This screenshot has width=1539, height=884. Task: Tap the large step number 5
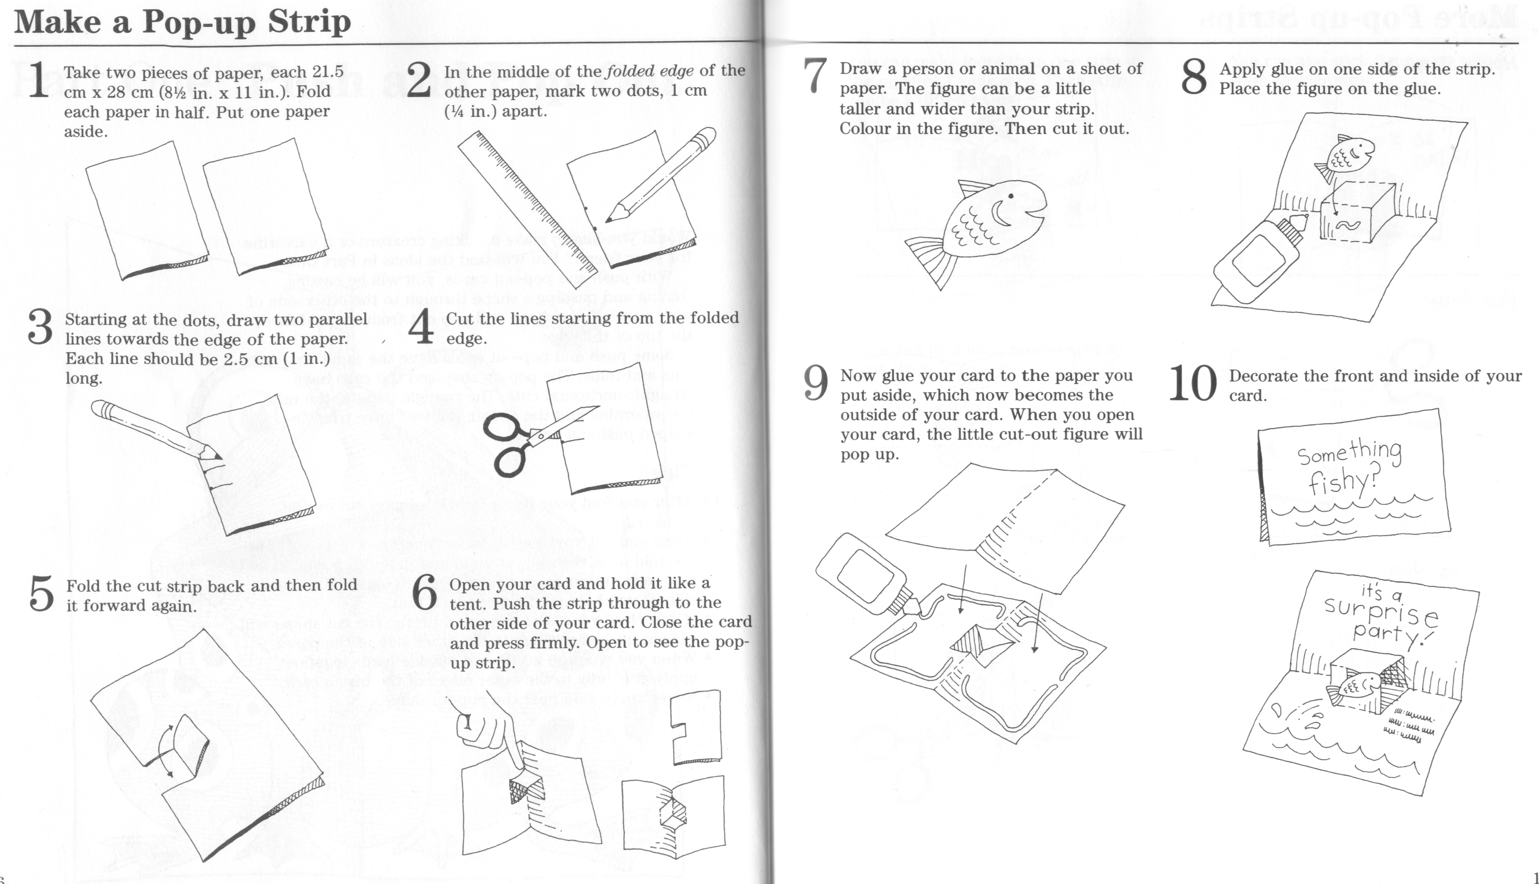coord(41,594)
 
